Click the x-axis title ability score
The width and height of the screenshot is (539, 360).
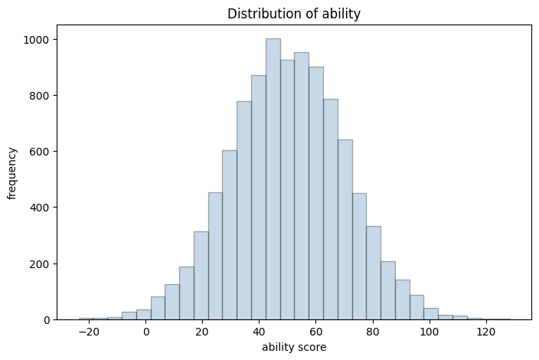coord(294,348)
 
